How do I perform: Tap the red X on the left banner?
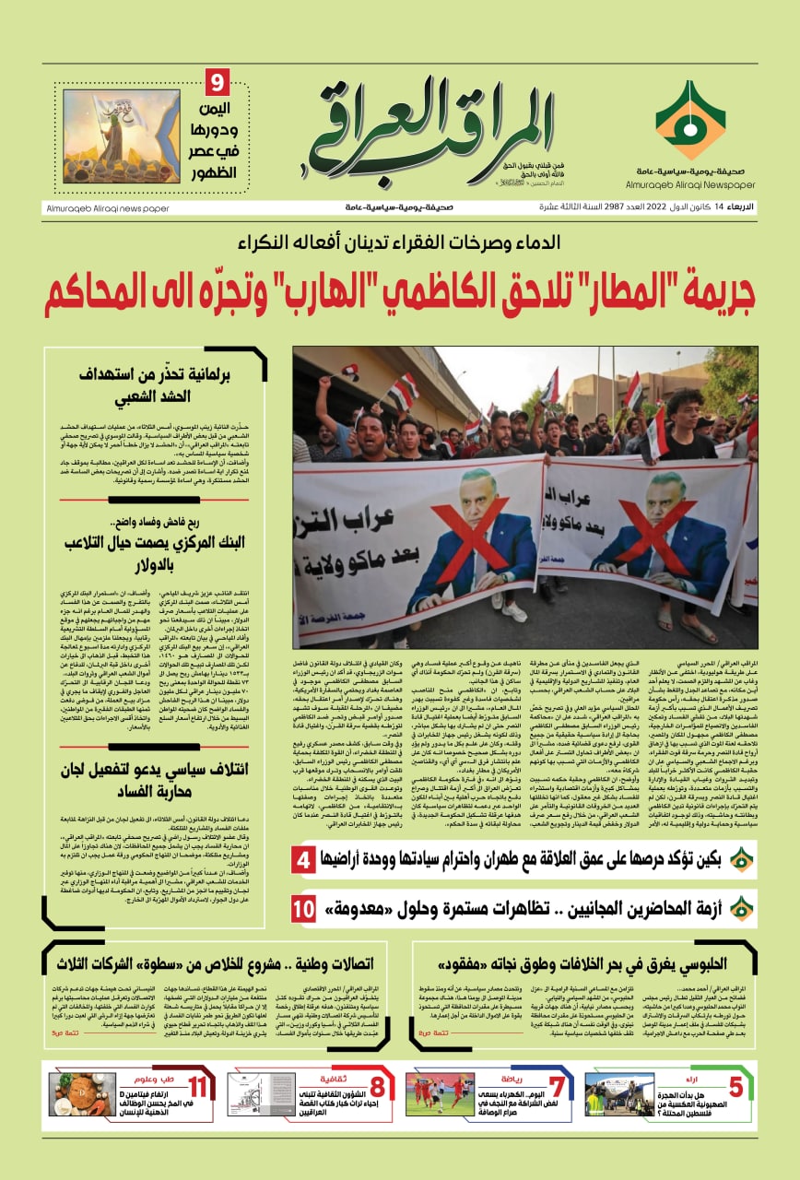[x=463, y=559]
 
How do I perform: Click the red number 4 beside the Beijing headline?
[x=304, y=862]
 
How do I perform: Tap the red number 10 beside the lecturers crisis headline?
[x=304, y=908]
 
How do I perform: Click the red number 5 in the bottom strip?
[x=735, y=1087]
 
